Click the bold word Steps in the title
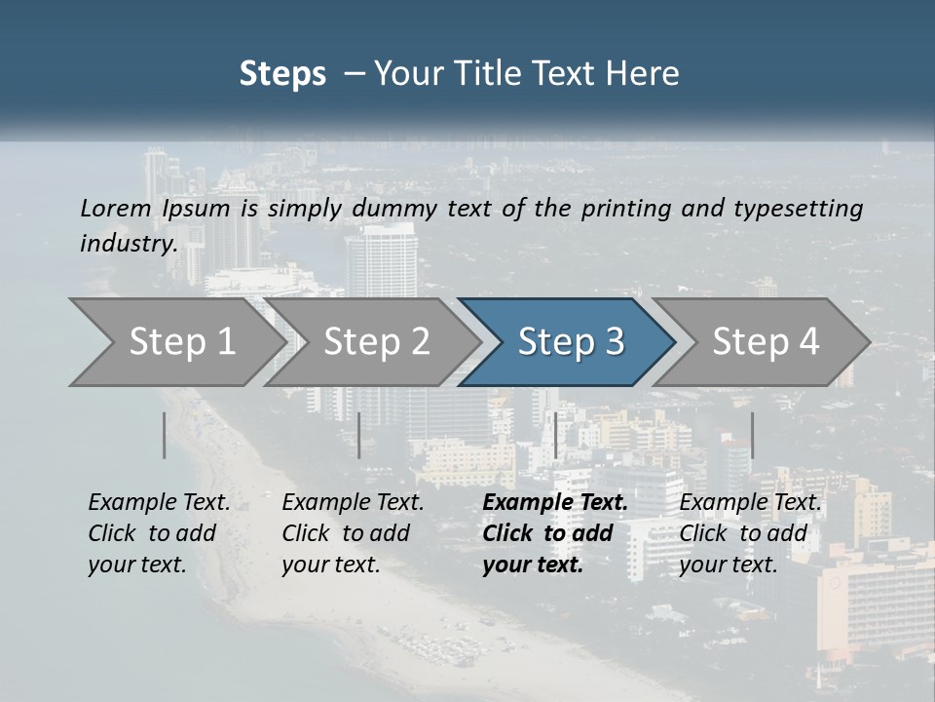282,74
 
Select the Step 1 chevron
175,341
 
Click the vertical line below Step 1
165,435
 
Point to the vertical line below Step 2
359,435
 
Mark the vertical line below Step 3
555,435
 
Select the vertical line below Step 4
752,435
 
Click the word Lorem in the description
116,208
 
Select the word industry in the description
128,244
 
